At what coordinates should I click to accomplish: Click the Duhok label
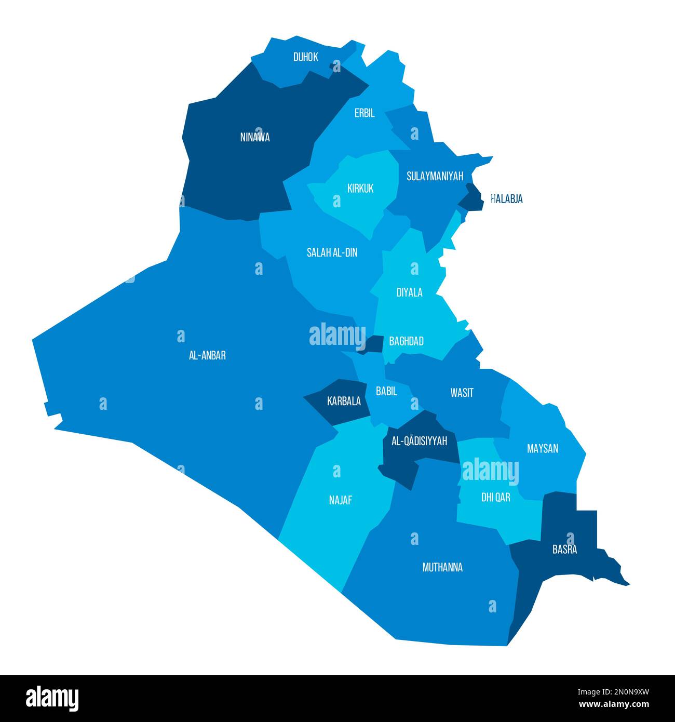pos(305,57)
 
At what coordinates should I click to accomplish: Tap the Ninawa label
pos(255,138)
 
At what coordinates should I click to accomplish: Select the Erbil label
pos(365,113)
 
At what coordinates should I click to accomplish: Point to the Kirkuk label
pos(360,188)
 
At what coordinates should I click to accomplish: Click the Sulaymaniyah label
pos(435,176)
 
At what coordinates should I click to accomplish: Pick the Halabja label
pos(507,199)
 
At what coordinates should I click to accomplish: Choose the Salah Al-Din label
pos(332,252)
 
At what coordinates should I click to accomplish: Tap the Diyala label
pos(409,292)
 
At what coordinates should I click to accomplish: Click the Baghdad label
pos(406,341)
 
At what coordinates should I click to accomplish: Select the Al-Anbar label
pos(207,356)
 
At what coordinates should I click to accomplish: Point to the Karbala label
pos(344,401)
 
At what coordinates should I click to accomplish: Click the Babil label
pos(386,391)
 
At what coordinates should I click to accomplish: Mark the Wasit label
pos(462,393)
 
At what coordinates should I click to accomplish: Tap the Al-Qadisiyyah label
pos(419,442)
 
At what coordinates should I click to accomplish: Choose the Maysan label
pos(542,448)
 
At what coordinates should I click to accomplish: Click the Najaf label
pos(341,500)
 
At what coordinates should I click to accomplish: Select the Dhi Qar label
pos(495,498)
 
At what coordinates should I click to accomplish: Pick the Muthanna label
pos(442,567)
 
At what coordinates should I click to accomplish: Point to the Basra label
pos(564,550)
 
